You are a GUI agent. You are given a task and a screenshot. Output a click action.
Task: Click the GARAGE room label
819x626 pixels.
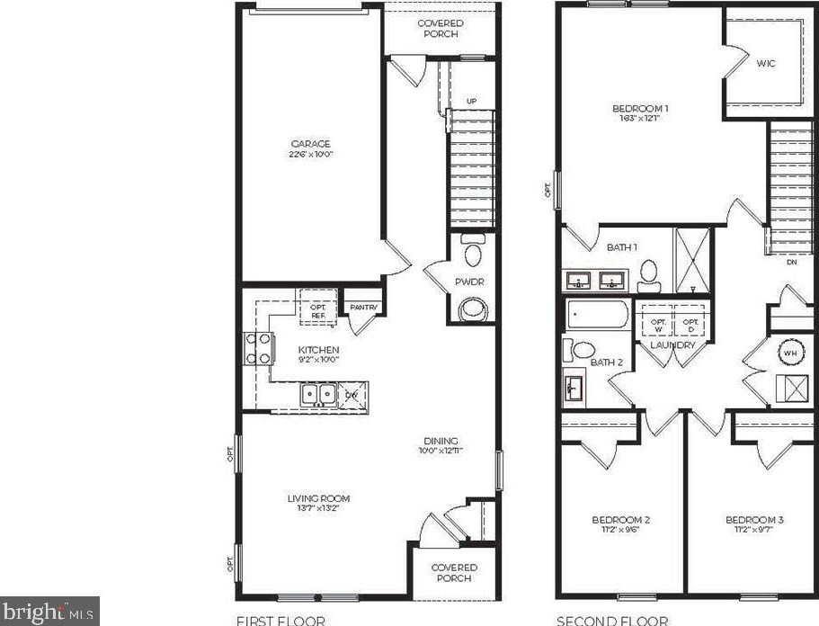pos(310,144)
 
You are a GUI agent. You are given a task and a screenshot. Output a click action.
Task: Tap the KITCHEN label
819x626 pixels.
pos(318,350)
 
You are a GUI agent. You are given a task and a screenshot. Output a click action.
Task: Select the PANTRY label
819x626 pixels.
pos(363,306)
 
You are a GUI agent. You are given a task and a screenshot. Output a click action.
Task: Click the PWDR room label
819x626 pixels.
pos(469,282)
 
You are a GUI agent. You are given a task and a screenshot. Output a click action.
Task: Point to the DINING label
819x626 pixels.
pos(441,441)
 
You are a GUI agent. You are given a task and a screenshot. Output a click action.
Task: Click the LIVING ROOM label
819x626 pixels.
pos(318,498)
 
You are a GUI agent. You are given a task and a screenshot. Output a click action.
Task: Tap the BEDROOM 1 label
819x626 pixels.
pos(639,109)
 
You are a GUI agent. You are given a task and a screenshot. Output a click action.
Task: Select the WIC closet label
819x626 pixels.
pos(765,63)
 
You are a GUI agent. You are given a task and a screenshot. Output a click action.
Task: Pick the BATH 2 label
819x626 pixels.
pos(607,362)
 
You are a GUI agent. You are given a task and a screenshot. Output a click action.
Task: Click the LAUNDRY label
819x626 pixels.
pos(673,345)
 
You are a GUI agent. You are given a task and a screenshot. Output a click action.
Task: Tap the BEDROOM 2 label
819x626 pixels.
pos(620,520)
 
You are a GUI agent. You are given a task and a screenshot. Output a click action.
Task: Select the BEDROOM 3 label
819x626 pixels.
pos(755,520)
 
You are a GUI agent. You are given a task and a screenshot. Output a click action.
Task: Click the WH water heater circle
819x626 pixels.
pos(790,353)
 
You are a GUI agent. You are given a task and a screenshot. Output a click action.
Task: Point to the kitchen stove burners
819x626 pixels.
pos(257,348)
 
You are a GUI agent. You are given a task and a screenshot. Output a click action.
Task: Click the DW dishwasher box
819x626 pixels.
pos(352,394)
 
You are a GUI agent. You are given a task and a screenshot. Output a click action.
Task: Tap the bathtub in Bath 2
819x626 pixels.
pos(598,317)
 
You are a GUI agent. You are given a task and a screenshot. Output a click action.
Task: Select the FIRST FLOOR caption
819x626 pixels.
pos(280,620)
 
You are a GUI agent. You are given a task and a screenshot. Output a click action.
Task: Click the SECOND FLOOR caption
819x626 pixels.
pos(612,620)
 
